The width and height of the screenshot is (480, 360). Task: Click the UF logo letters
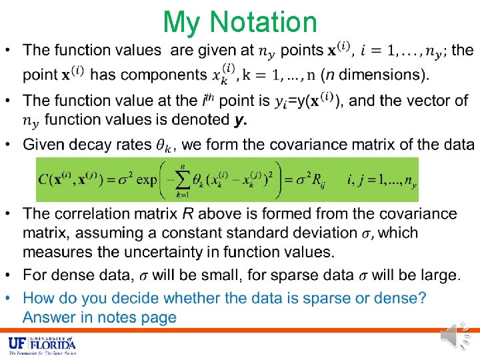point(18,344)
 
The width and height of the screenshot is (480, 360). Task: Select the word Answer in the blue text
point(49,318)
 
